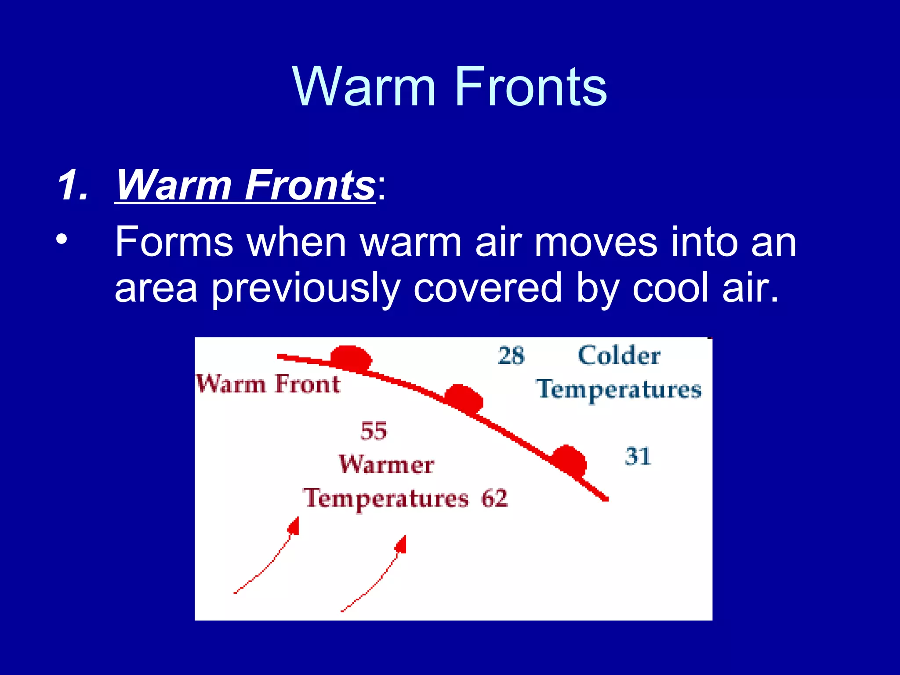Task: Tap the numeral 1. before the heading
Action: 72,186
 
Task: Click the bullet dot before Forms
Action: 62,240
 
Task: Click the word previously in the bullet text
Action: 305,288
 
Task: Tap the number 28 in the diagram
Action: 511,356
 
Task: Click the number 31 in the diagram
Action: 637,457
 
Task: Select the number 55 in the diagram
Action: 374,431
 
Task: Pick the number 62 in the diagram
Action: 494,499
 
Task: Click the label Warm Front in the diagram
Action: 268,384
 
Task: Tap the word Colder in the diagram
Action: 619,356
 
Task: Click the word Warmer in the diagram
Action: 386,465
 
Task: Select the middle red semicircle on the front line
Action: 464,398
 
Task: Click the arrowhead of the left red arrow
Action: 294,526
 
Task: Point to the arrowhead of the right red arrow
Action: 401,544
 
